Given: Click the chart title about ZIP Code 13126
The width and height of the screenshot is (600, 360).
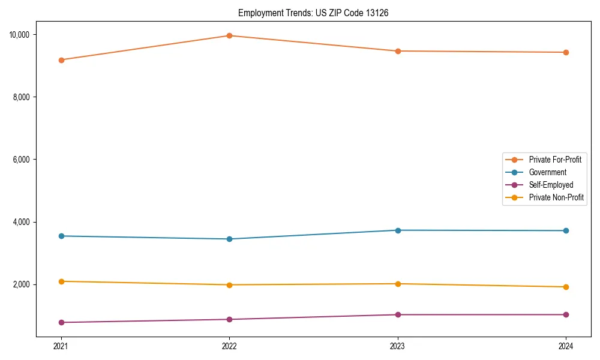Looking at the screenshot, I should [x=313, y=13].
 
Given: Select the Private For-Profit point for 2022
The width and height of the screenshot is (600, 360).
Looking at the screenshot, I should [x=229, y=35].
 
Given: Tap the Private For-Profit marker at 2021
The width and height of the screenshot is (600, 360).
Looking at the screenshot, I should [x=61, y=60].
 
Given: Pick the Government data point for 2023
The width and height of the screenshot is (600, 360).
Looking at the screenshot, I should [x=398, y=230].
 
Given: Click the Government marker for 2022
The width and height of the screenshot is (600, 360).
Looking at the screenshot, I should [x=229, y=239].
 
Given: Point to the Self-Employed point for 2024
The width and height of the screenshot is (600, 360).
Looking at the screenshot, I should [x=566, y=314].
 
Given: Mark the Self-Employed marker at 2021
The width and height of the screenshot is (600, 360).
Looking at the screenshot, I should [x=61, y=322].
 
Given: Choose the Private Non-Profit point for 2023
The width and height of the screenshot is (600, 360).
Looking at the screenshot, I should [x=398, y=284].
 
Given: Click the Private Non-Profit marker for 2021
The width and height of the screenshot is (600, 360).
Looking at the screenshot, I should [x=61, y=281].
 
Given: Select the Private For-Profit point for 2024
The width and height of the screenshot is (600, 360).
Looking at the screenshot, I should [x=566, y=52].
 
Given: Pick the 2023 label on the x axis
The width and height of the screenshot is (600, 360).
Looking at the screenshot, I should [x=398, y=346].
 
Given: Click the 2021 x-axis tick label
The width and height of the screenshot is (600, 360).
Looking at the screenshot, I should [x=61, y=346].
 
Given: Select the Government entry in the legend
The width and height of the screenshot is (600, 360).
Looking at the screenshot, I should [x=547, y=172].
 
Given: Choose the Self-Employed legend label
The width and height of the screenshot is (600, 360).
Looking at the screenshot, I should [x=551, y=185].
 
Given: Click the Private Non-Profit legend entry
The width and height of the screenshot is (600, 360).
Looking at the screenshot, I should [x=556, y=197].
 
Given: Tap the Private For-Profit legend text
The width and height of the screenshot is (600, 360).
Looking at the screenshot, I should [x=555, y=160].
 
